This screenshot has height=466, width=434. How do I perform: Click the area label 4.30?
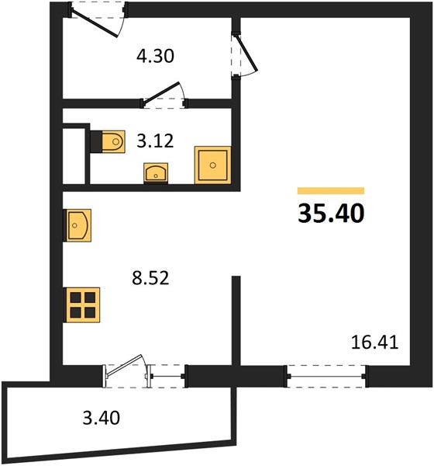tap(155, 56)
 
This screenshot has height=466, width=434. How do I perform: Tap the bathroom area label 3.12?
tap(155, 141)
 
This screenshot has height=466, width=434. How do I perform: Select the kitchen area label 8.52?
tap(150, 278)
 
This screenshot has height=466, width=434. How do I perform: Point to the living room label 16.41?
tap(374, 343)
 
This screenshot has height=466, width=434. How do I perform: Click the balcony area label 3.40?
tap(102, 418)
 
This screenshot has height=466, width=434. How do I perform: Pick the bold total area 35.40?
tap(331, 213)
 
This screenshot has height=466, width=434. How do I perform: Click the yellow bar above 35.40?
tap(331, 190)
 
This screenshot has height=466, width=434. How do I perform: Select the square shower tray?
tap(212, 165)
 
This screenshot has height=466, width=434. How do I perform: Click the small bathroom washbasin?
tap(156, 173)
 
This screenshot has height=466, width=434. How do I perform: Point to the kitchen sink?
tap(77, 225)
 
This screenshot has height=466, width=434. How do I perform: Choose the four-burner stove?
tap(82, 304)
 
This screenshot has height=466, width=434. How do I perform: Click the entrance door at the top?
tap(98, 19)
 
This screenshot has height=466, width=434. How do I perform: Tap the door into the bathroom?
tap(164, 96)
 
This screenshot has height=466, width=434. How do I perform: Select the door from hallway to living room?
tap(244, 55)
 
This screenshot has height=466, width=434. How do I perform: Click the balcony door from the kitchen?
tap(126, 371)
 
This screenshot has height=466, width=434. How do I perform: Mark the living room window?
tap(326, 376)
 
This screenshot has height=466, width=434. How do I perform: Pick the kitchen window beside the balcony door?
tap(167, 376)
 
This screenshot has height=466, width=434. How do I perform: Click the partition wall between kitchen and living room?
tap(236, 320)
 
